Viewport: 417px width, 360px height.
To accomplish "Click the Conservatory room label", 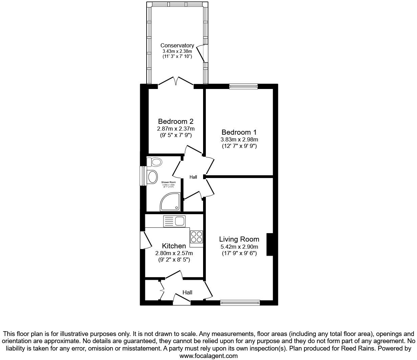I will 177,45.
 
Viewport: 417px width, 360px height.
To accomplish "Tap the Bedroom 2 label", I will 176,121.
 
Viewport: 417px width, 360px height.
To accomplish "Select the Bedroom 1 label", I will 239,132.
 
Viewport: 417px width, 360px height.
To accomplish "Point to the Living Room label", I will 239,239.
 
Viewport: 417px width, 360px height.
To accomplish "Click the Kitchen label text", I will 174,246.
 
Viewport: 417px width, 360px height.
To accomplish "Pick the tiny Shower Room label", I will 169,182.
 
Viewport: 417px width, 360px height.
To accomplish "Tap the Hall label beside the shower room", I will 193,177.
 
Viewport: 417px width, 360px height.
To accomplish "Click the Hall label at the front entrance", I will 188,292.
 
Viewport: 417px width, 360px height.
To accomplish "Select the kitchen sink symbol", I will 174,222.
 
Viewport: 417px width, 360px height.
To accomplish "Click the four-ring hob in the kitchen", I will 197,237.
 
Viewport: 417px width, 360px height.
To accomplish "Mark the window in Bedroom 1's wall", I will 243,86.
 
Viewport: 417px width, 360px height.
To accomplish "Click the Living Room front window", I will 240,303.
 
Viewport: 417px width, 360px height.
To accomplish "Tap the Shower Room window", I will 144,176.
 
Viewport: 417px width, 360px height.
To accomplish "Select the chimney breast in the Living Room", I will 269,244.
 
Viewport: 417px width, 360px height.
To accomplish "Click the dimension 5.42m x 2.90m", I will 239,247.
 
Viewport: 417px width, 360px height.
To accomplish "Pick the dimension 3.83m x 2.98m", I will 239,139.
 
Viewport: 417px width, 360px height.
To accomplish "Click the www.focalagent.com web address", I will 208,356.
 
